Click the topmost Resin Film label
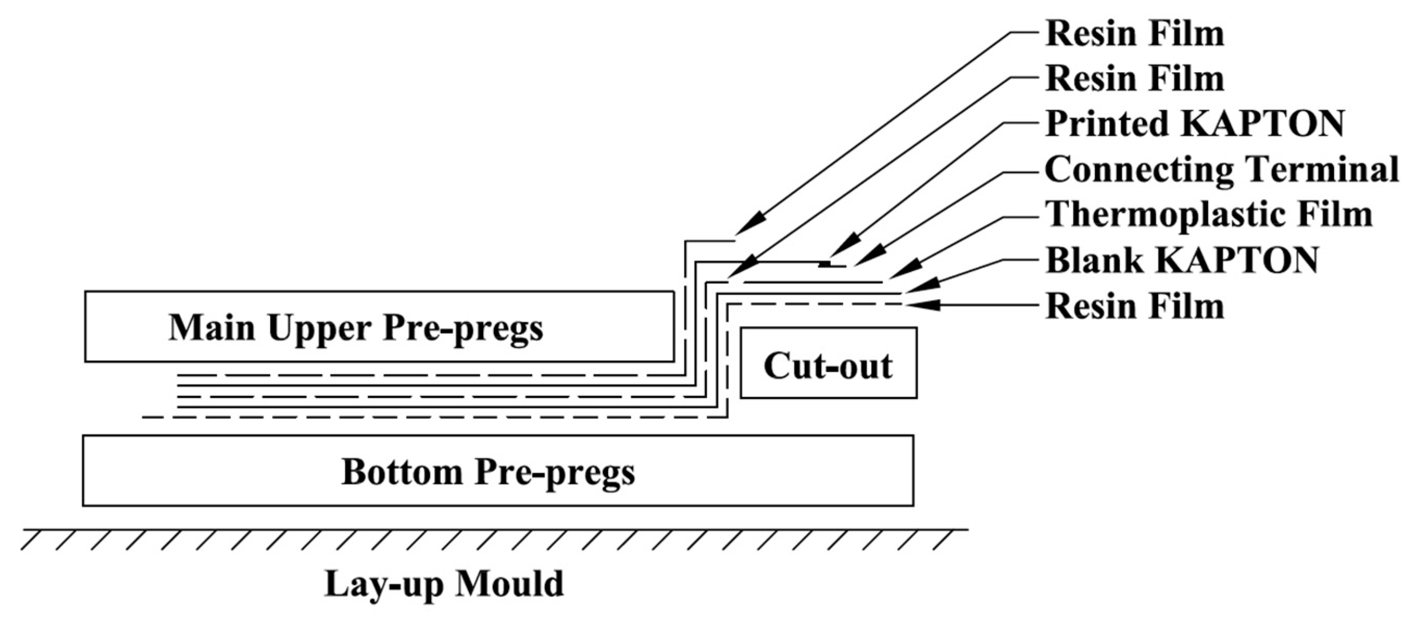pyautogui.click(x=1135, y=34)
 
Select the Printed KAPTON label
pyautogui.click(x=1194, y=124)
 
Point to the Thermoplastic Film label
pyautogui.click(x=1208, y=214)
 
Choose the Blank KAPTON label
pyautogui.click(x=1182, y=260)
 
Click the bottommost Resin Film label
pyautogui.click(x=1135, y=306)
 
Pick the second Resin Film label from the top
pyautogui.click(x=1135, y=79)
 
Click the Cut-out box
pyautogui.click(x=828, y=363)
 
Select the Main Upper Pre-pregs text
pyautogui.click(x=356, y=328)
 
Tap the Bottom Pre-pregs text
pyautogui.click(x=488, y=472)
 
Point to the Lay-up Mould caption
pyautogui.click(x=444, y=584)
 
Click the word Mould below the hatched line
pyautogui.click(x=509, y=584)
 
